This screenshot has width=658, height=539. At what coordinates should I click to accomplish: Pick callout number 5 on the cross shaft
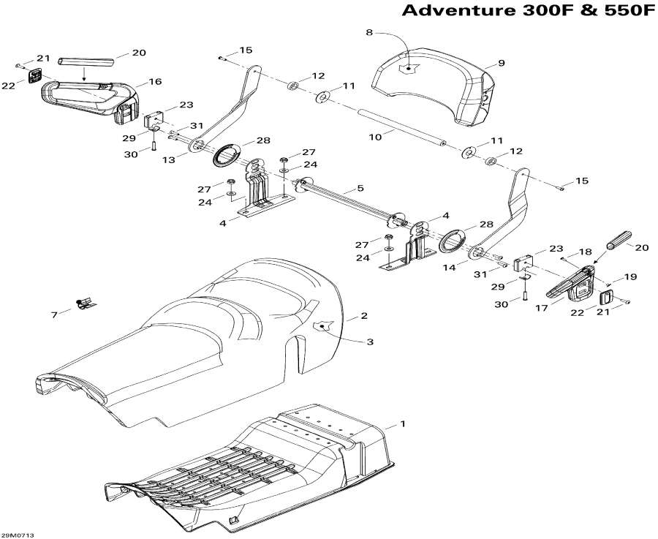pos(360,189)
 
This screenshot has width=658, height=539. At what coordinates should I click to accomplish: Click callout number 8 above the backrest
pos(369,32)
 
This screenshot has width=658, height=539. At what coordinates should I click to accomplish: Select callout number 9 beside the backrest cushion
pos(501,64)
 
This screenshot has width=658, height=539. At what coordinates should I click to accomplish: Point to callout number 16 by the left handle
pos(155,82)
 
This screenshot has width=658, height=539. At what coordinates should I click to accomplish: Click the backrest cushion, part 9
pos(431,80)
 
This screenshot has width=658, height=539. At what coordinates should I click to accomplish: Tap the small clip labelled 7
pos(86,303)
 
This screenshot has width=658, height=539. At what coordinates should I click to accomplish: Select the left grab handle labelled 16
pos(88,99)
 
